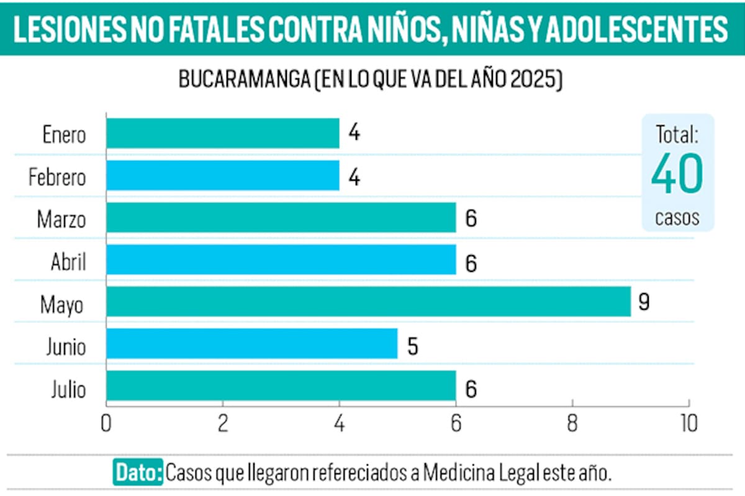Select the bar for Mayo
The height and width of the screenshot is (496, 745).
tap(368, 302)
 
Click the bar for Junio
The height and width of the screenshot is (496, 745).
tap(251, 344)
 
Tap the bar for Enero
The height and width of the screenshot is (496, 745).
tap(222, 133)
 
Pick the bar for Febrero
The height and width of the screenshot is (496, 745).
tap(222, 176)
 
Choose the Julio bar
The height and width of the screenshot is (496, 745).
tap(281, 386)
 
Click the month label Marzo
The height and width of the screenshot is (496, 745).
tap(61, 220)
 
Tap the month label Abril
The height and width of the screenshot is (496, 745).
tap(68, 263)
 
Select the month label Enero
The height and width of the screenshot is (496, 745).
tap(65, 135)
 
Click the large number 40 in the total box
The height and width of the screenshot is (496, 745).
tap(677, 174)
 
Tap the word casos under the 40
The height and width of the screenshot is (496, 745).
tap(677, 218)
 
